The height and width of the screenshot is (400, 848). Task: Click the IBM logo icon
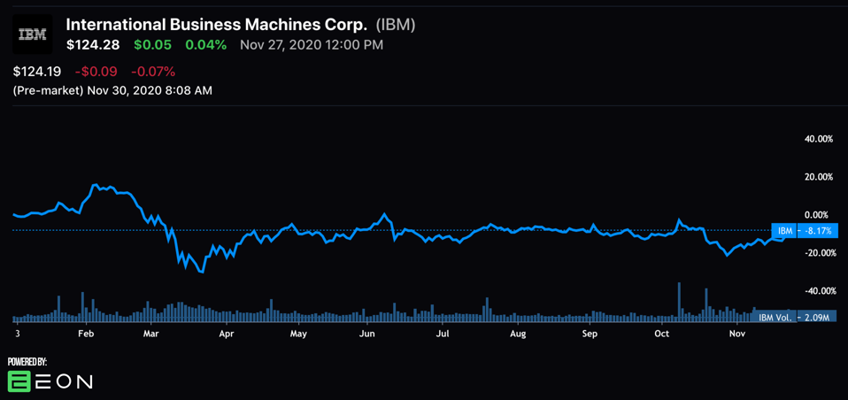33,35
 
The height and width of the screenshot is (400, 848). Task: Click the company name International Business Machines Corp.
216,24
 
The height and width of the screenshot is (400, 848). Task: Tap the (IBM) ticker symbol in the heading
395,24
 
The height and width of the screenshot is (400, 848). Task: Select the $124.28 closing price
93,44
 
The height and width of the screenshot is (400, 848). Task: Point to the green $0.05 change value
152,44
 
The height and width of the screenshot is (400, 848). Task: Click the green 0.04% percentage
205,44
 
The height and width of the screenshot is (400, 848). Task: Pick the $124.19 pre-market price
37,71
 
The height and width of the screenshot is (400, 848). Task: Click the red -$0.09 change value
96,71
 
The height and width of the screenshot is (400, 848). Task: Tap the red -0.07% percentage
153,71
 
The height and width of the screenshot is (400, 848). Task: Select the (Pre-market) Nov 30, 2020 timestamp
112,89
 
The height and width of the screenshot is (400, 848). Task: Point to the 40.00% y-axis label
818,139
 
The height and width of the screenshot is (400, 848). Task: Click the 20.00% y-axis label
818,177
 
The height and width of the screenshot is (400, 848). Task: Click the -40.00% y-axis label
817,291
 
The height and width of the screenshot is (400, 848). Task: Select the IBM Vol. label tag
775,317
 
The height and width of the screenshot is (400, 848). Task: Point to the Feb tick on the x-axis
86,334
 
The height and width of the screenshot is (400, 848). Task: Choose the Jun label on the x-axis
366,334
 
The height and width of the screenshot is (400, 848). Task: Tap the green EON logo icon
19,381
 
